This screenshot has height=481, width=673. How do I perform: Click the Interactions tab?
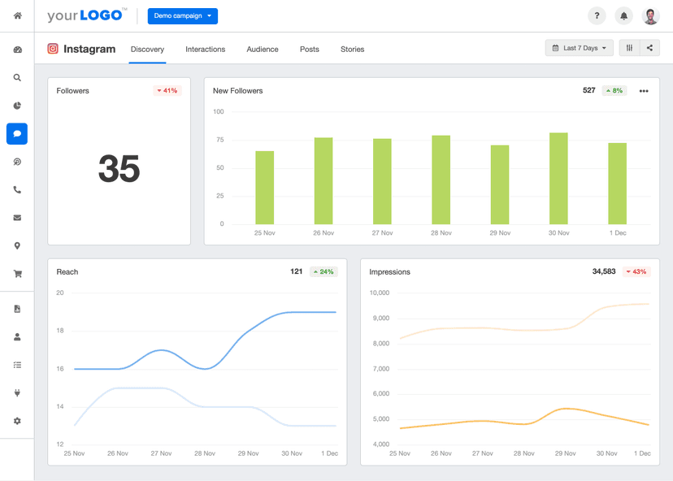pyautogui.click(x=205, y=50)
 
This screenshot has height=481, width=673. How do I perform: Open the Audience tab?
pyautogui.click(x=263, y=50)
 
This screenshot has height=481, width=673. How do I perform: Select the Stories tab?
pyautogui.click(x=352, y=50)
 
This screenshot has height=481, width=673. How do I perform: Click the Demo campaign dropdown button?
pyautogui.click(x=182, y=15)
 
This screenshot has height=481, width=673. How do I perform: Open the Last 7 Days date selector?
pyautogui.click(x=580, y=48)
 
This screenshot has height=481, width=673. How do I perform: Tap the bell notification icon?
pyautogui.click(x=624, y=15)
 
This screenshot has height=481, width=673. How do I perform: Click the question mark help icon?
pyautogui.click(x=597, y=15)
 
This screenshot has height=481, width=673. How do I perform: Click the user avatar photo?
pyautogui.click(x=651, y=15)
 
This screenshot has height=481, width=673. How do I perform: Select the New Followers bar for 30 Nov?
pyautogui.click(x=558, y=179)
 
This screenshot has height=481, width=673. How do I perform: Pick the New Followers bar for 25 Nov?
pyautogui.click(x=264, y=188)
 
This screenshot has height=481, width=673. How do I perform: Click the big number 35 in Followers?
pyautogui.click(x=119, y=169)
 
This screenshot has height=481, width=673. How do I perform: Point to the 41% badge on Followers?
pyautogui.click(x=167, y=91)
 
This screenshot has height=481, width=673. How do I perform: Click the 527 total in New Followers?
pyautogui.click(x=589, y=91)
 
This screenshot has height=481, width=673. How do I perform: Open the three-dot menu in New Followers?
pyautogui.click(x=644, y=91)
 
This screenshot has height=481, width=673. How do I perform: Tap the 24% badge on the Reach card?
pyautogui.click(x=323, y=272)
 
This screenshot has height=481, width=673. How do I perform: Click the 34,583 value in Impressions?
pyautogui.click(x=604, y=271)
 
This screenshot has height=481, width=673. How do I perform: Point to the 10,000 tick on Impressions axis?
pyautogui.click(x=380, y=292)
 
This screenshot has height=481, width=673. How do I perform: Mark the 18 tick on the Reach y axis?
pyautogui.click(x=60, y=331)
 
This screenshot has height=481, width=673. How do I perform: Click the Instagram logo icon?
pyautogui.click(x=53, y=49)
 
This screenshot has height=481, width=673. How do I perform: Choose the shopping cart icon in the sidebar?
pyautogui.click(x=17, y=274)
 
